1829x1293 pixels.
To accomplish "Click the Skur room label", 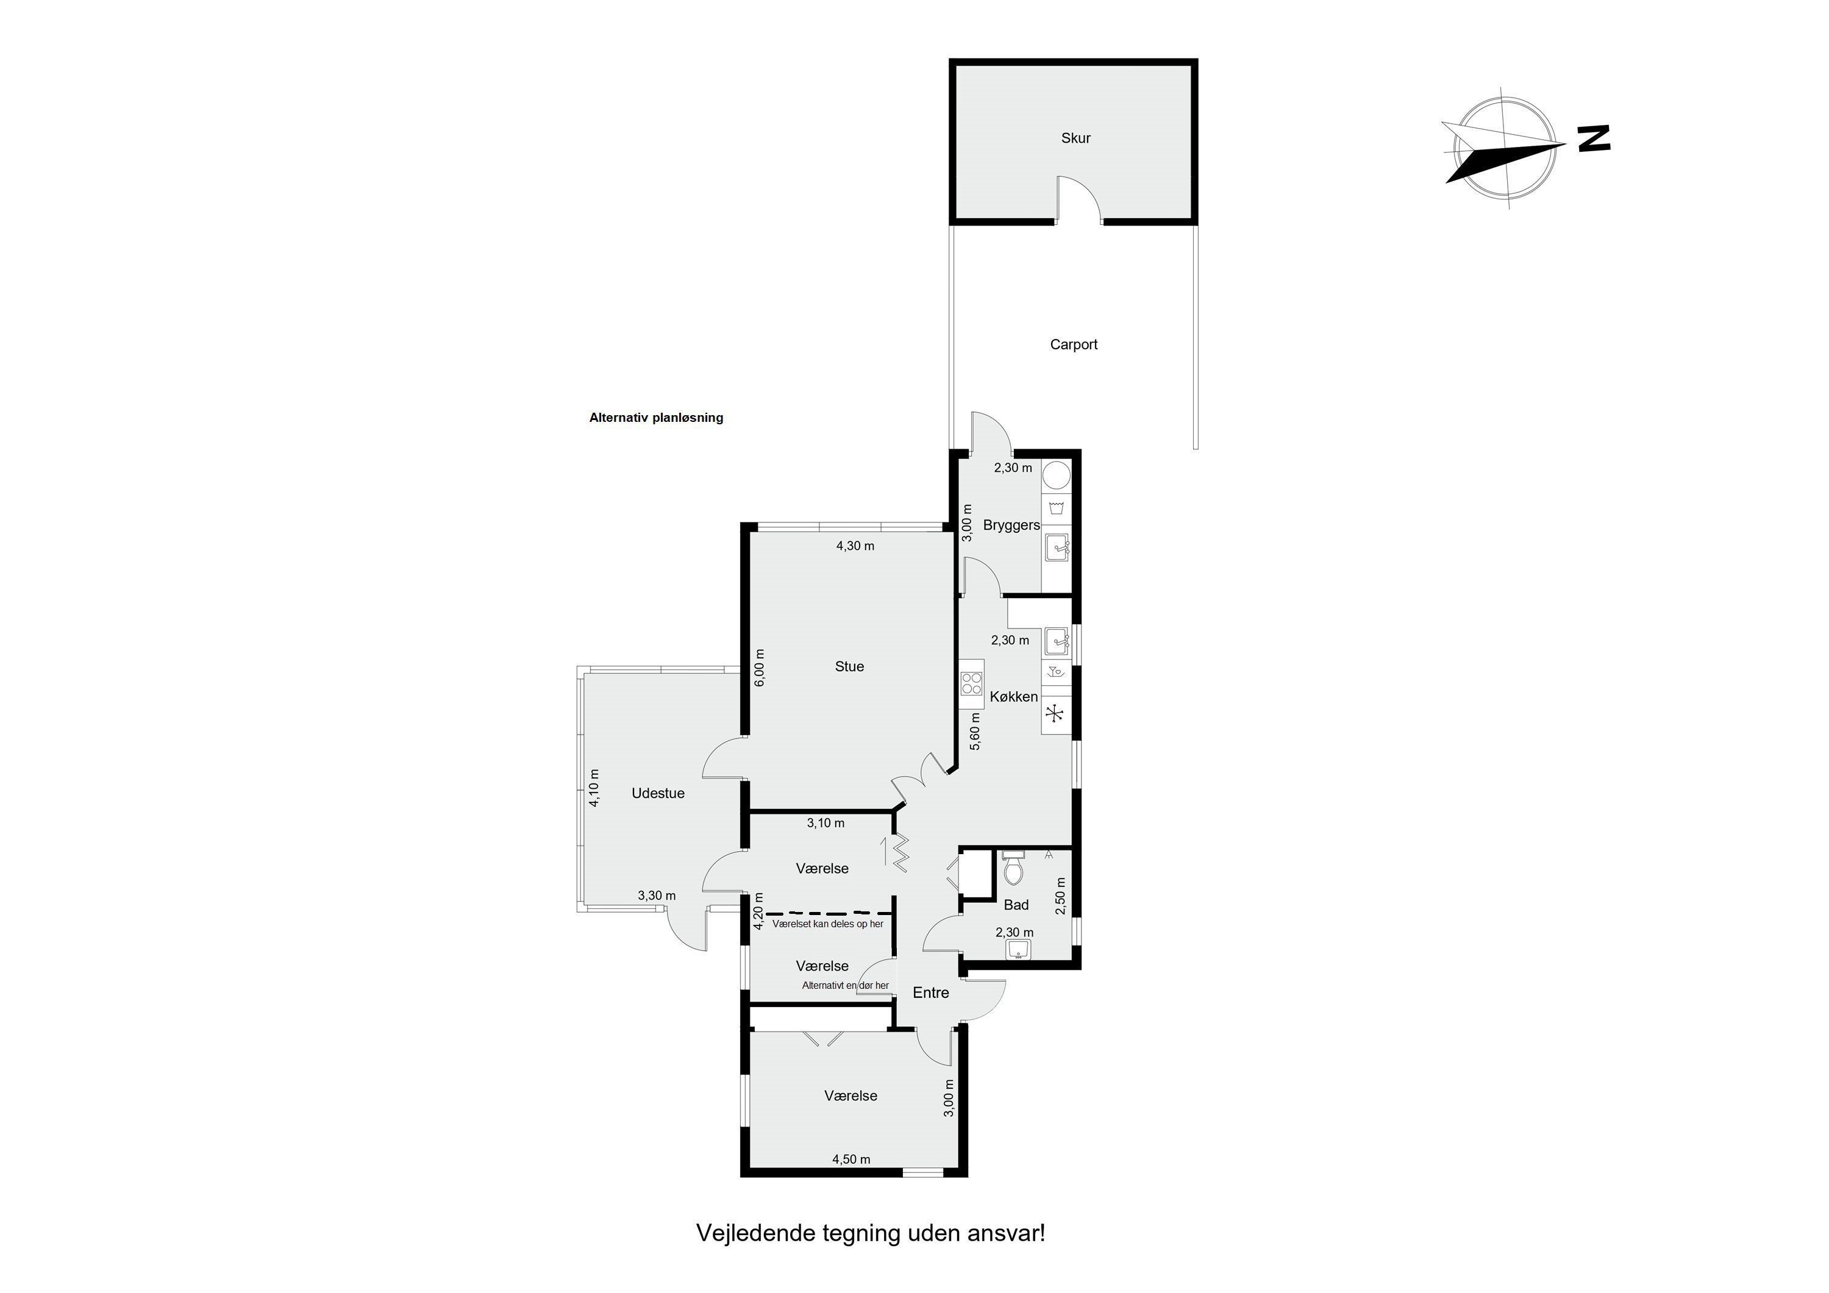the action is point(1075,138).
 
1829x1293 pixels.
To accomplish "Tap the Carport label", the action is point(1074,345).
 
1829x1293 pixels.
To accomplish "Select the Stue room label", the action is point(849,667).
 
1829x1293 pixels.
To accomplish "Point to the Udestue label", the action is point(658,794).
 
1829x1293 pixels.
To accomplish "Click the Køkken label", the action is point(1014,697).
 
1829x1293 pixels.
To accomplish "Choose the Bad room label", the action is point(1016,905).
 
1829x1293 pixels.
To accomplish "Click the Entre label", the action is point(931,992).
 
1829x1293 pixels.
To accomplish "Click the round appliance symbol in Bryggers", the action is point(1057,476).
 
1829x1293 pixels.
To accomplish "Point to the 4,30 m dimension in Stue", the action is point(855,546).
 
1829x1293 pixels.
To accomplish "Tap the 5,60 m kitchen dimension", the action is point(975,730).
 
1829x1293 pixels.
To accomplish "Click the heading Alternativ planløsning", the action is point(657,418).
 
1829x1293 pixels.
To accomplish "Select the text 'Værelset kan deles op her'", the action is point(828,924).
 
